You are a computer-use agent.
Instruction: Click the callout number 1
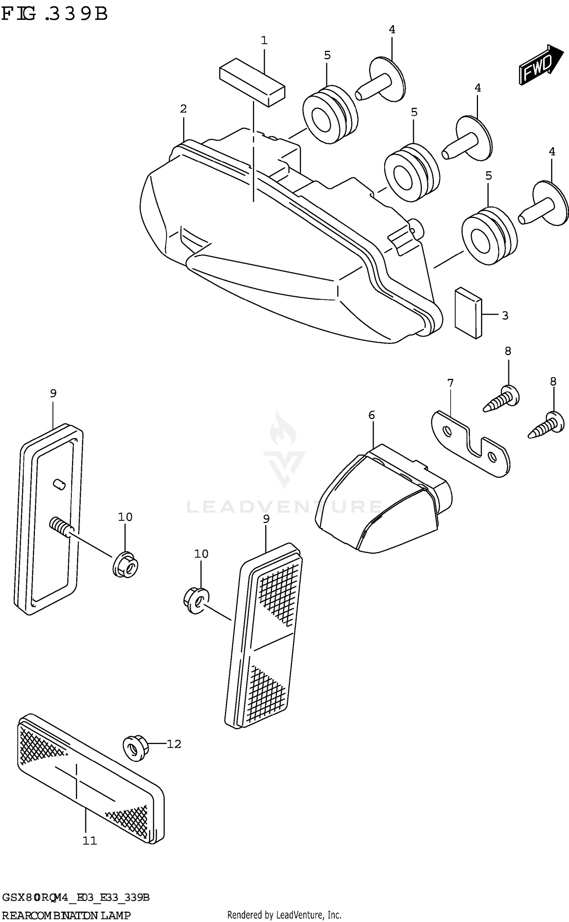click(264, 40)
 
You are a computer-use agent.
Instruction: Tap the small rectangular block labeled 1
click(252, 82)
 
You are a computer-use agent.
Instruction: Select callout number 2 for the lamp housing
click(183, 109)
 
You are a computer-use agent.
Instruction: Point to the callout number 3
click(505, 315)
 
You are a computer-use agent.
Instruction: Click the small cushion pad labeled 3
click(468, 313)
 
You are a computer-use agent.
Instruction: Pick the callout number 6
click(371, 415)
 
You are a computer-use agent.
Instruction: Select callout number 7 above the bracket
click(450, 383)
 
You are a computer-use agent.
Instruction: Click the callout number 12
click(174, 744)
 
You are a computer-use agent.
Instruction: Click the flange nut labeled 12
click(135, 747)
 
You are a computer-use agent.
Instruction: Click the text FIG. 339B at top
click(55, 14)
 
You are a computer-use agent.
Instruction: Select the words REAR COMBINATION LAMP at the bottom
click(66, 916)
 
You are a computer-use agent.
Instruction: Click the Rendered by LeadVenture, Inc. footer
click(284, 915)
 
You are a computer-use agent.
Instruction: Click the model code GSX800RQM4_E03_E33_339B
click(76, 897)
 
